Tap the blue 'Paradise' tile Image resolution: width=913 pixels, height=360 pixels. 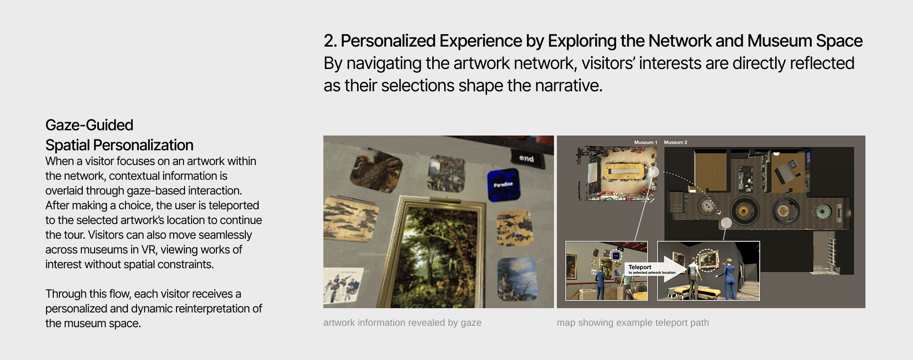[x=504, y=184]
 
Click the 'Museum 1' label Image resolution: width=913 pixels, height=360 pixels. [x=645, y=142]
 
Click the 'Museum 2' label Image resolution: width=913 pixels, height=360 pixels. [x=675, y=142]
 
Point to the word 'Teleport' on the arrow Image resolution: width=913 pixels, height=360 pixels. [x=640, y=267]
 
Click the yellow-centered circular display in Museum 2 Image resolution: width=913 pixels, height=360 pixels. [x=743, y=210]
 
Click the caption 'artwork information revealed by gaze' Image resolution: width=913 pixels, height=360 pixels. [x=402, y=322]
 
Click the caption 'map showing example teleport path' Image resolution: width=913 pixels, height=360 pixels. [x=633, y=322]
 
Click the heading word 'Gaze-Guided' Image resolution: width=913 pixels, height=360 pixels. [x=89, y=125]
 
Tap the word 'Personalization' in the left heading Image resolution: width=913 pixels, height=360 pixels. [x=143, y=145]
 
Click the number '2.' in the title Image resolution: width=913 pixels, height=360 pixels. [x=330, y=41]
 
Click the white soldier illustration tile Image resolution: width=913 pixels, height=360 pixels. [x=343, y=285]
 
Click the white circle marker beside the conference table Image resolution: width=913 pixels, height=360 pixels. [x=654, y=172]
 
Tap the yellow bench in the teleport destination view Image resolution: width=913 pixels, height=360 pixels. [x=695, y=291]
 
